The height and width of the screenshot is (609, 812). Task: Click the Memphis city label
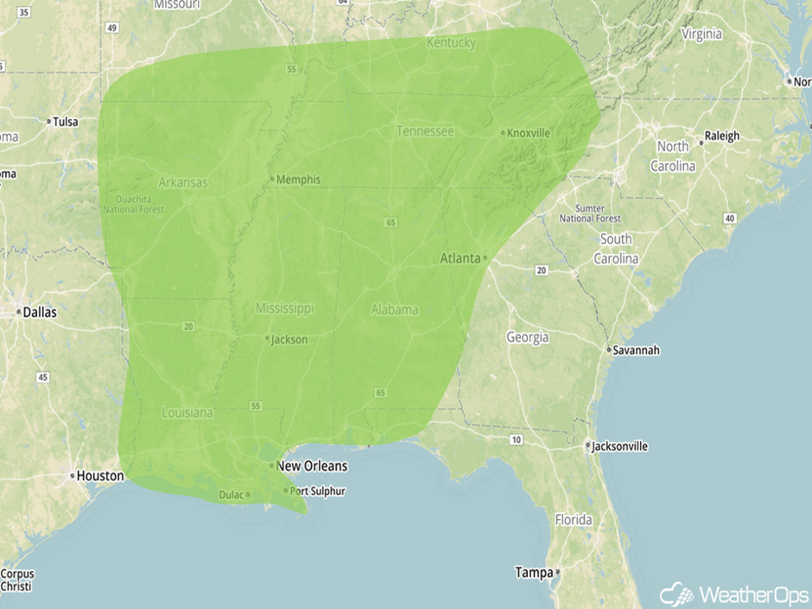pos(298,180)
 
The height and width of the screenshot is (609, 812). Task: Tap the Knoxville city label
pos(528,133)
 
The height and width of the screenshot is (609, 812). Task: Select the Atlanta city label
pos(460,258)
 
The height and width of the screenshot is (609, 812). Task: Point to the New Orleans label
pos(312,466)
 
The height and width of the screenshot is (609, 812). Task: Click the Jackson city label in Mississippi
pos(289,339)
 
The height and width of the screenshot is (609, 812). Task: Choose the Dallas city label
pos(40,312)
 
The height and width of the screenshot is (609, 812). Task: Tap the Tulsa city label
pos(65,122)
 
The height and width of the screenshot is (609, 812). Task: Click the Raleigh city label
pos(722,136)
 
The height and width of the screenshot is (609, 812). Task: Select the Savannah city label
pos(638,350)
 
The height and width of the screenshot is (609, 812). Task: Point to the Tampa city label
pos(533,572)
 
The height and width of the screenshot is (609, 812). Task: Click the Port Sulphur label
pos(317,492)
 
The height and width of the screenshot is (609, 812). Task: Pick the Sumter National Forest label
pos(589,213)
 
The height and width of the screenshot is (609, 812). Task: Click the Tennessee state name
pos(425,131)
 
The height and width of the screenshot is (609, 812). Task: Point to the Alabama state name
pos(395,309)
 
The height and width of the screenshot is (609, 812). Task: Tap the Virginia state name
pos(701,35)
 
